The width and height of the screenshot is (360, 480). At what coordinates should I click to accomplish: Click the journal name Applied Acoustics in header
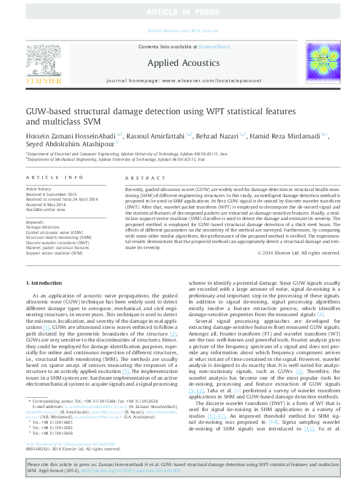tap(179, 62)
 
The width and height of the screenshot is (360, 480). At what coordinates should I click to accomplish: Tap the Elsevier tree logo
tap(41, 61)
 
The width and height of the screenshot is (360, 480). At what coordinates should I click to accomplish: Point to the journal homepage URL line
tap(179, 80)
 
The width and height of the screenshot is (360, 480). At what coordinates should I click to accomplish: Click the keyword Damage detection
tap(43, 227)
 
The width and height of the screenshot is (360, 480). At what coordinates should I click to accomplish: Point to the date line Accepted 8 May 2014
tap(47, 205)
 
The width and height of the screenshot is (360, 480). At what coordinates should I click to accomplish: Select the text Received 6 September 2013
tap(52, 194)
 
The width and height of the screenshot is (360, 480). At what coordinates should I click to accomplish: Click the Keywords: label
tap(35, 222)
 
